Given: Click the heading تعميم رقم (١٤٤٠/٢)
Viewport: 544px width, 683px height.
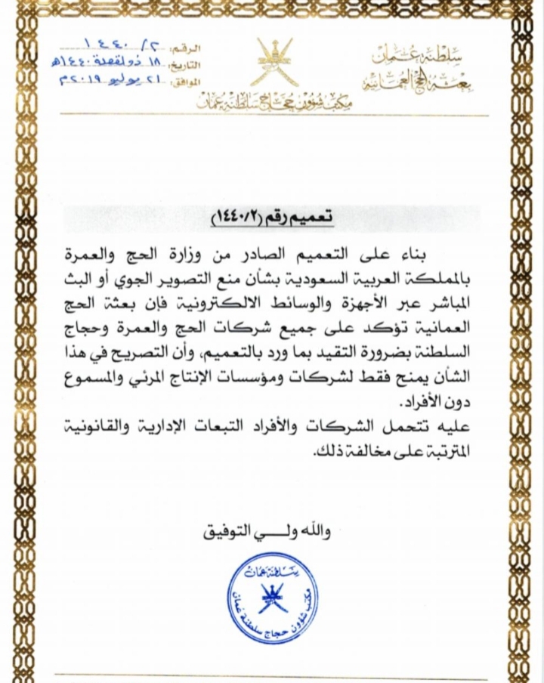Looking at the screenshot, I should pyautogui.click(x=272, y=218).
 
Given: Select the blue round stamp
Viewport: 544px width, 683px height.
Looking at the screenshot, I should pyautogui.click(x=272, y=598).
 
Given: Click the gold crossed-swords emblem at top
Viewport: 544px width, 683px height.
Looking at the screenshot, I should pyautogui.click(x=274, y=62).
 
